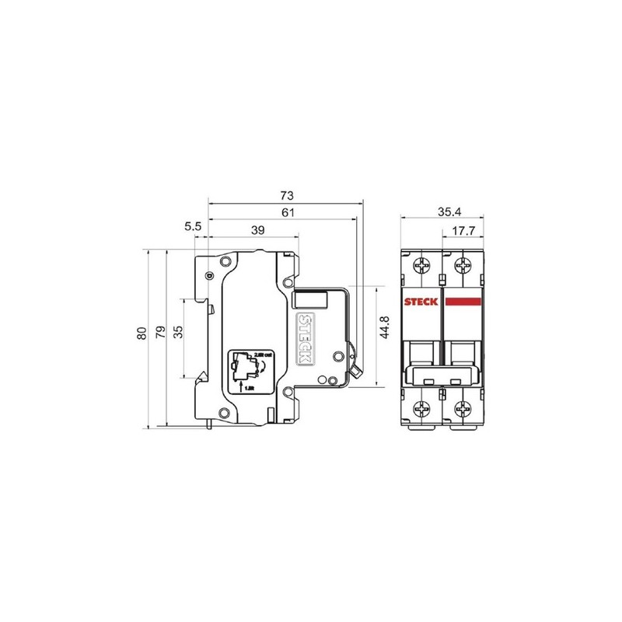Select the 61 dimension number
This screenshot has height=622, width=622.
[x=287, y=211]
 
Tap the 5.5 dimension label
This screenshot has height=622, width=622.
[x=194, y=226]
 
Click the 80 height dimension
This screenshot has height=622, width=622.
[x=142, y=333]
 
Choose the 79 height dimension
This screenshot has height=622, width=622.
[x=160, y=333]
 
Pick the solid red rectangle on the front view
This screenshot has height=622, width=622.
[x=464, y=303]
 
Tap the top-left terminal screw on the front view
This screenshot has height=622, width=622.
[x=423, y=267]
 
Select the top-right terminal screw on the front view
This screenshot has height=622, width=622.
[x=464, y=267]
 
